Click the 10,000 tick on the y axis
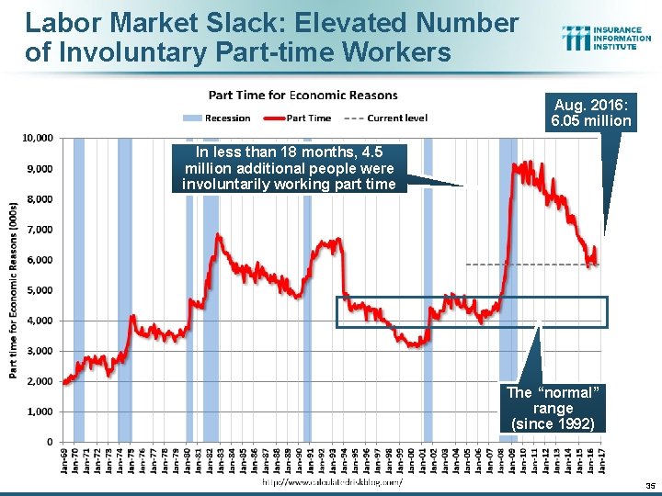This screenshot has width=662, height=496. pyautogui.click(x=37, y=138)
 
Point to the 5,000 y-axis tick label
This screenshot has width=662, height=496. pyautogui.click(x=39, y=290)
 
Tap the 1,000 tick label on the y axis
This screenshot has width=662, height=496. pyautogui.click(x=39, y=411)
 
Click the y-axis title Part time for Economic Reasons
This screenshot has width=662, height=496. pyautogui.click(x=15, y=289)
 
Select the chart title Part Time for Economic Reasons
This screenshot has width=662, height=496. pyautogui.click(x=302, y=95)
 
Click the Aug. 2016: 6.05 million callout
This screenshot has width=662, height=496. pyautogui.click(x=591, y=113)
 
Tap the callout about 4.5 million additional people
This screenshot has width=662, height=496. pyautogui.click(x=289, y=168)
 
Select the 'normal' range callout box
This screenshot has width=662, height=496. pyautogui.click(x=553, y=408)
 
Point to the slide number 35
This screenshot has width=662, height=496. pyautogui.click(x=649, y=486)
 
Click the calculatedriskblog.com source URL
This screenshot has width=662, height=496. pyautogui.click(x=332, y=481)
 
